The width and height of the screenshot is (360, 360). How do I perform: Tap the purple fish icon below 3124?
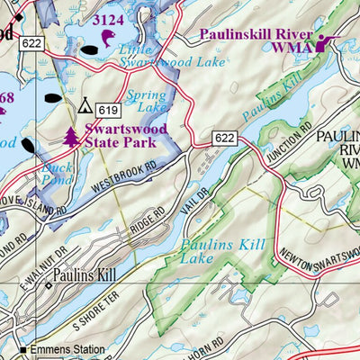point(109,37)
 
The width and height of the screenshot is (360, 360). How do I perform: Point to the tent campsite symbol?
point(85,106)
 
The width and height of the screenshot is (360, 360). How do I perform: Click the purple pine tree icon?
point(71,137)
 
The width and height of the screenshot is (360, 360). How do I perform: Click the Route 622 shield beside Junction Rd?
point(225,138)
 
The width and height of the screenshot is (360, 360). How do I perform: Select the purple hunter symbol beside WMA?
point(323,42)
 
